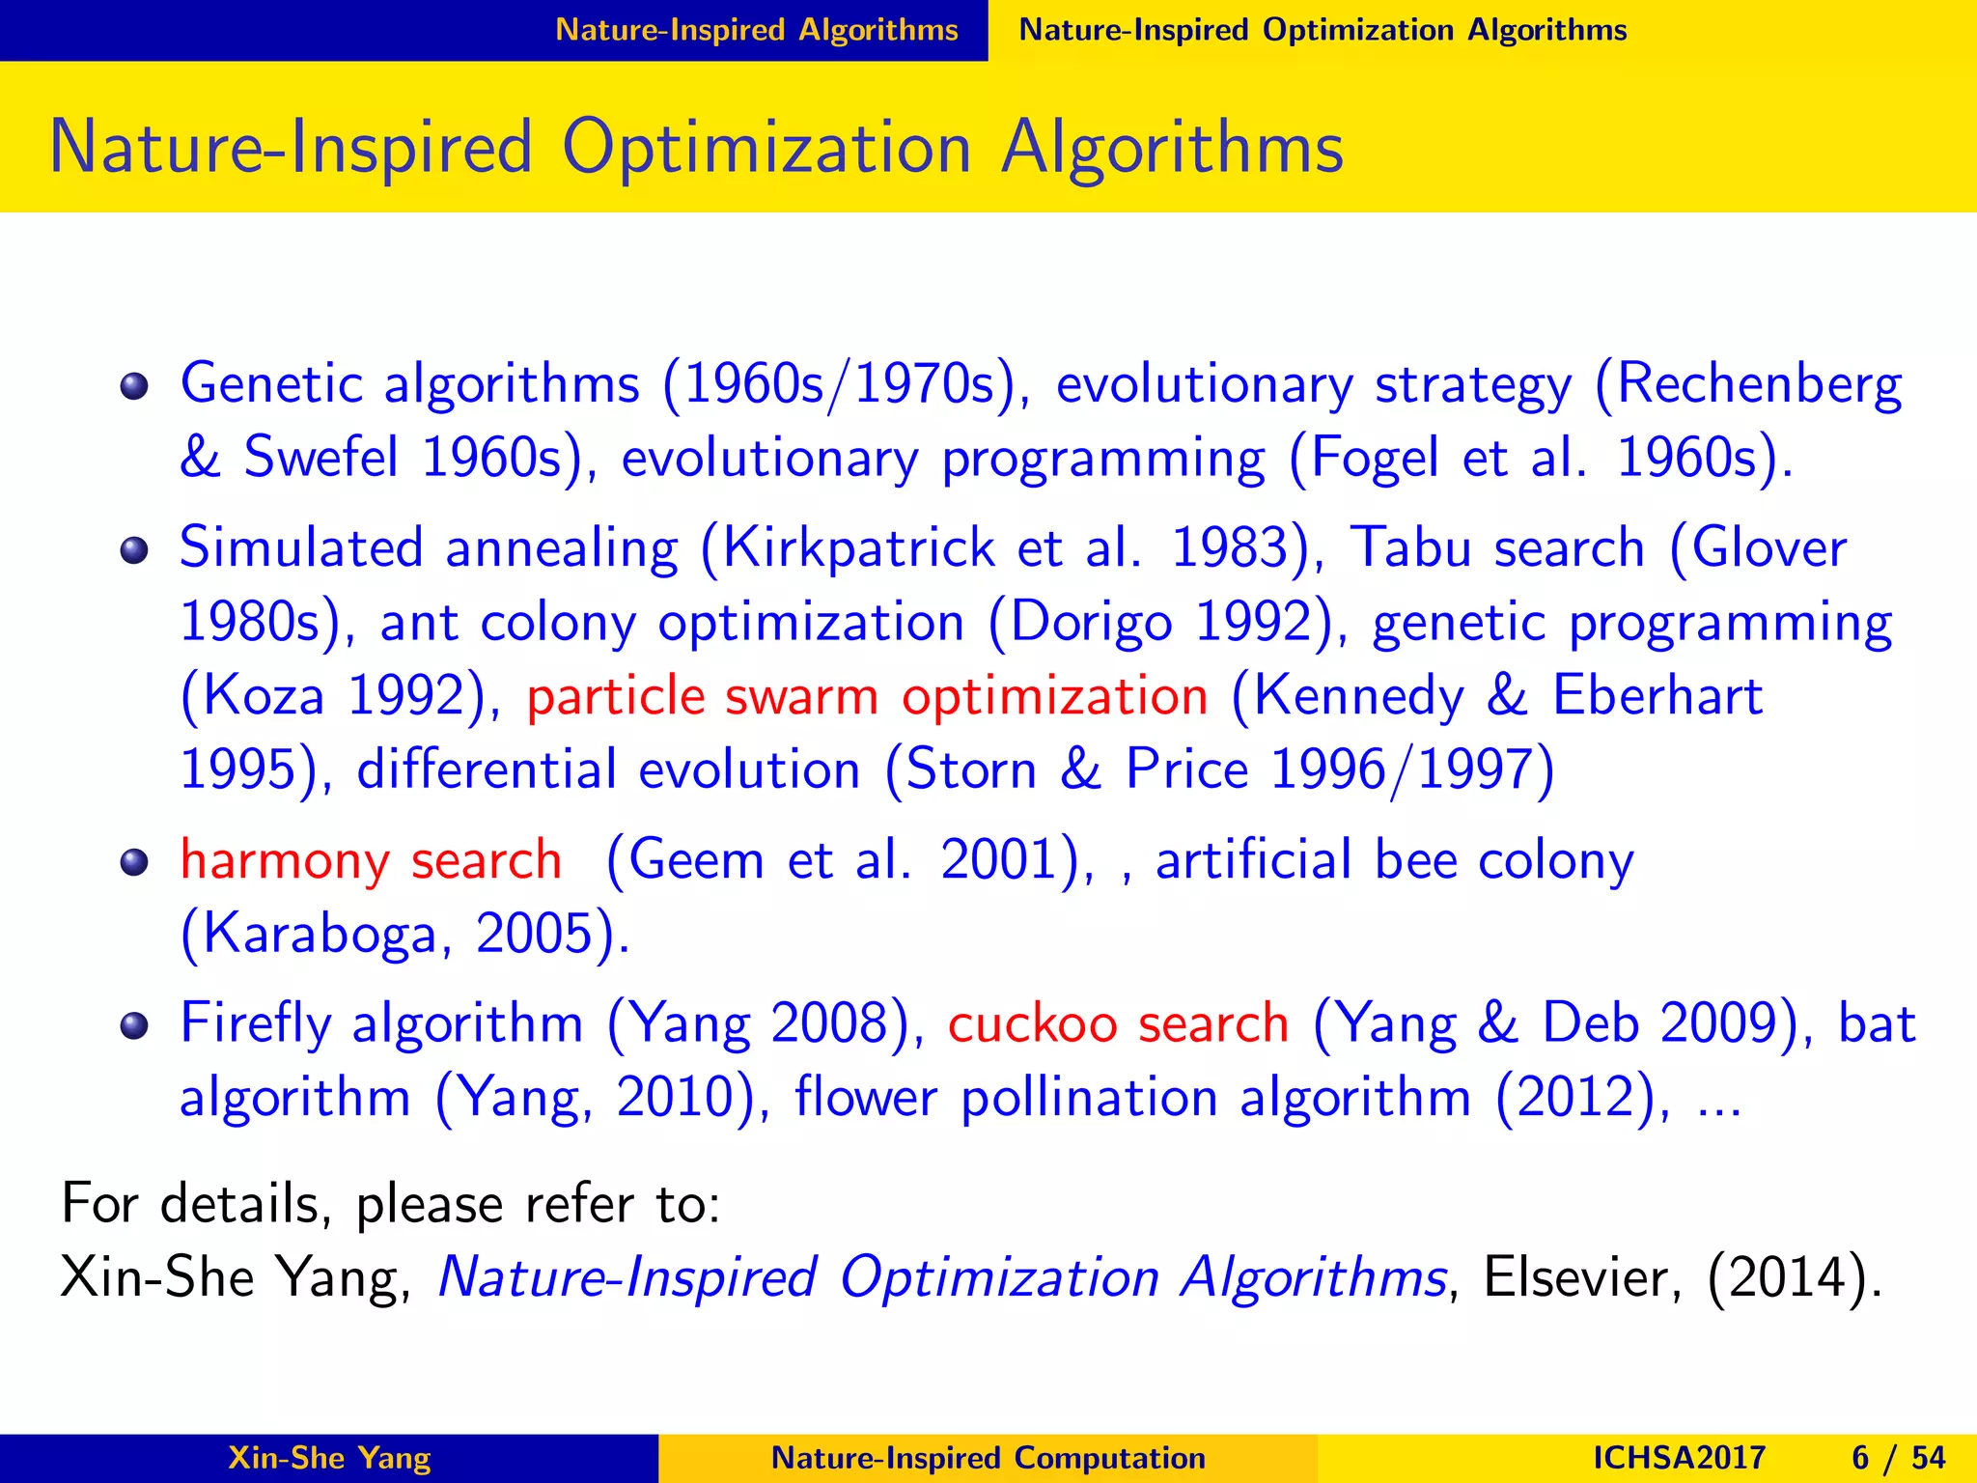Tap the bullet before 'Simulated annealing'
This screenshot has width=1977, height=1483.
pyautogui.click(x=134, y=551)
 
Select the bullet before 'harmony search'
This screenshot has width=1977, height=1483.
pyautogui.click(x=134, y=862)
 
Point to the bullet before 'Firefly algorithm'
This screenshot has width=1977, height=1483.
pyautogui.click(x=134, y=1025)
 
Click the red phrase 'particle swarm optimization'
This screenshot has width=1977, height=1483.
pyautogui.click(x=866, y=697)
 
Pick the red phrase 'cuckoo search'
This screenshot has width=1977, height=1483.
pyautogui.click(x=1118, y=1023)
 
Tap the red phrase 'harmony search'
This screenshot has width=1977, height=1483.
pyautogui.click(x=371, y=860)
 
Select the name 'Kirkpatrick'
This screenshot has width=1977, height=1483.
pyautogui.click(x=858, y=548)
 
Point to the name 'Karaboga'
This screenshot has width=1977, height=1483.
pyautogui.click(x=319, y=935)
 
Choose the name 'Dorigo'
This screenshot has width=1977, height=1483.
pyautogui.click(x=1092, y=623)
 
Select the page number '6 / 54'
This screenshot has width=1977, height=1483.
pyautogui.click(x=1898, y=1458)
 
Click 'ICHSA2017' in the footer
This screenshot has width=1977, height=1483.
pyautogui.click(x=1679, y=1458)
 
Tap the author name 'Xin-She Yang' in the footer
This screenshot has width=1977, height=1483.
pyautogui.click(x=329, y=1458)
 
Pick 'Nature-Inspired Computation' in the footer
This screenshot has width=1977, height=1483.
pyautogui.click(x=988, y=1458)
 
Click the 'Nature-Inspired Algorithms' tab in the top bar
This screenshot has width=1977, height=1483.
pyautogui.click(x=756, y=30)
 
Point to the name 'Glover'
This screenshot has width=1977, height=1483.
pyautogui.click(x=1769, y=548)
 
